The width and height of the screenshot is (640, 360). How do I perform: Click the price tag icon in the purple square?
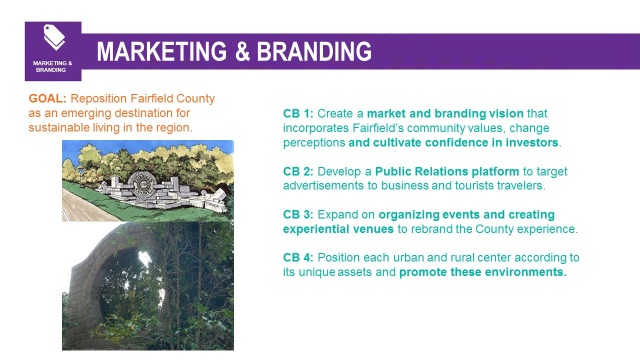[54, 37]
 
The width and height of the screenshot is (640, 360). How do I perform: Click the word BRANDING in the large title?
[314, 51]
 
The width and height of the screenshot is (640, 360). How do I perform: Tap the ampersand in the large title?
[242, 51]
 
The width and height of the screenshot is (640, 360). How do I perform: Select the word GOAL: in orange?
[47, 98]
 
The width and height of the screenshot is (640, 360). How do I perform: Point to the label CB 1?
[298, 113]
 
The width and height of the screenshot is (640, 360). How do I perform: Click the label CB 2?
[298, 171]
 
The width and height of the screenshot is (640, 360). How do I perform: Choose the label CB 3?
[298, 214]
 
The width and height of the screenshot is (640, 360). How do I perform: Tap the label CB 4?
[298, 257]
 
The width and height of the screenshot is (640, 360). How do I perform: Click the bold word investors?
[532, 142]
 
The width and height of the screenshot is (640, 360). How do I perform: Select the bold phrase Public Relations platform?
[447, 171]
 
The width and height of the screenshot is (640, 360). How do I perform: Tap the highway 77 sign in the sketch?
[81, 171]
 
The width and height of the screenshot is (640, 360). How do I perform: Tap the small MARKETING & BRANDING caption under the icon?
[52, 66]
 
